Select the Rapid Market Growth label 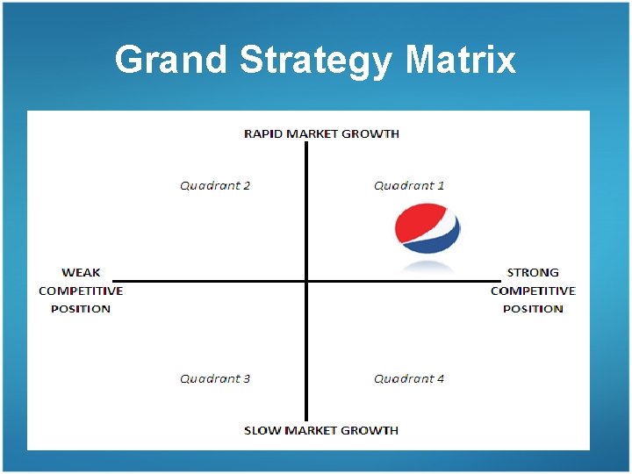[321, 133]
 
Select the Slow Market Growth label [321, 430]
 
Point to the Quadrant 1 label [409, 185]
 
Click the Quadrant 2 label [215, 185]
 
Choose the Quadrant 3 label [215, 378]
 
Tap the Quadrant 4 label [409, 378]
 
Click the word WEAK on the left [81, 272]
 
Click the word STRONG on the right [533, 272]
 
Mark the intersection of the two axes [306, 281]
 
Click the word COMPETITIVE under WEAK [81, 291]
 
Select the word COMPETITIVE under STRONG [533, 291]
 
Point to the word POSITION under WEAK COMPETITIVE [81, 308]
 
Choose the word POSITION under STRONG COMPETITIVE [533, 308]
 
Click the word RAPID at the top [261, 133]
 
